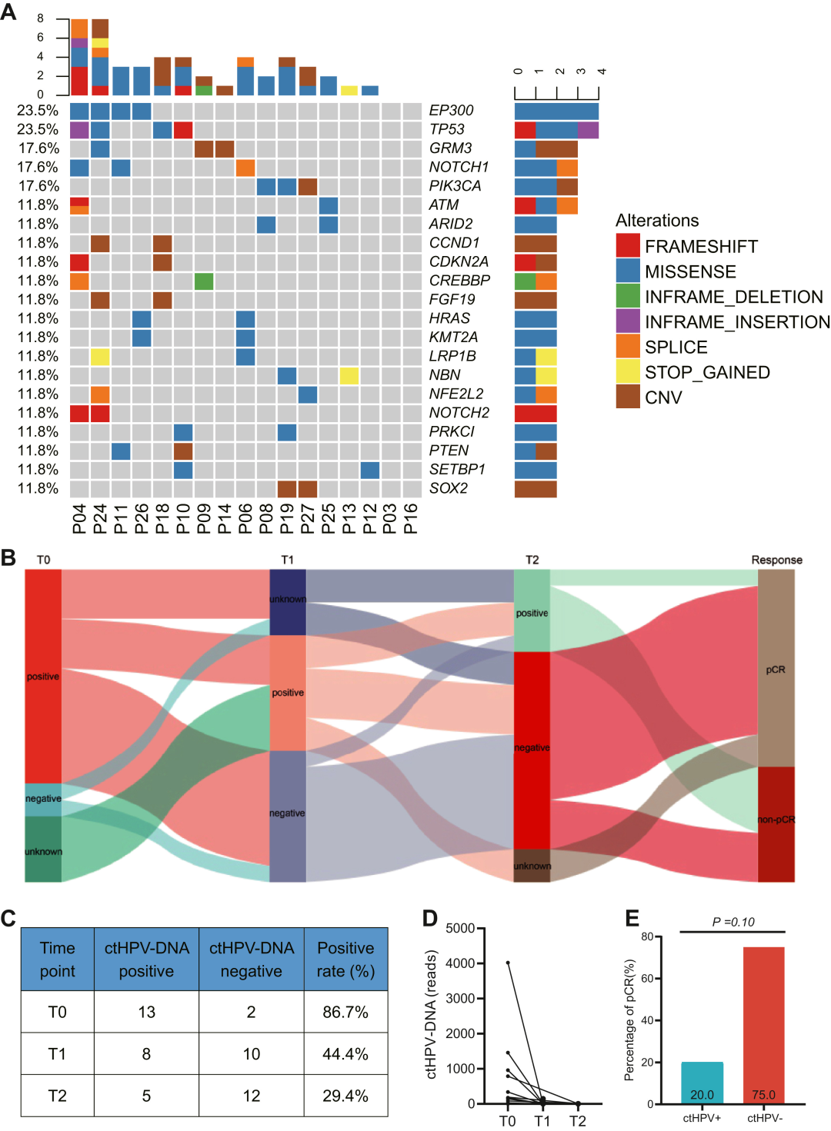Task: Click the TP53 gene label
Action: (x=447, y=129)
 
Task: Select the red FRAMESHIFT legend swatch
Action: (x=628, y=246)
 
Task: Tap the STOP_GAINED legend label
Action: (x=707, y=372)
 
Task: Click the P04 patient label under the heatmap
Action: (x=79, y=519)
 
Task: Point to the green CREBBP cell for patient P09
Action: (x=204, y=281)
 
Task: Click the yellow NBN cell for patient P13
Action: (x=349, y=375)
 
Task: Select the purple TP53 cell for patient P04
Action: (x=79, y=129)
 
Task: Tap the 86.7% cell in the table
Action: (x=345, y=1012)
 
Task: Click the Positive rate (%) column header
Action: (x=345, y=960)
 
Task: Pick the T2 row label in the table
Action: (x=58, y=1096)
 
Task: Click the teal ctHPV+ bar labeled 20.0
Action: (x=702, y=1083)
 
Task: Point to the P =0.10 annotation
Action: (x=733, y=922)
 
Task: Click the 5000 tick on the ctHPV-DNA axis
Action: (x=460, y=928)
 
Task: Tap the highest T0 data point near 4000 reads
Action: (x=508, y=963)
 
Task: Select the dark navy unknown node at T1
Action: (x=288, y=602)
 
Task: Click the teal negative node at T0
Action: (x=43, y=799)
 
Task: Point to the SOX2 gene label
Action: (x=449, y=488)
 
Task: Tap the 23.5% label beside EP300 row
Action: (x=38, y=111)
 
